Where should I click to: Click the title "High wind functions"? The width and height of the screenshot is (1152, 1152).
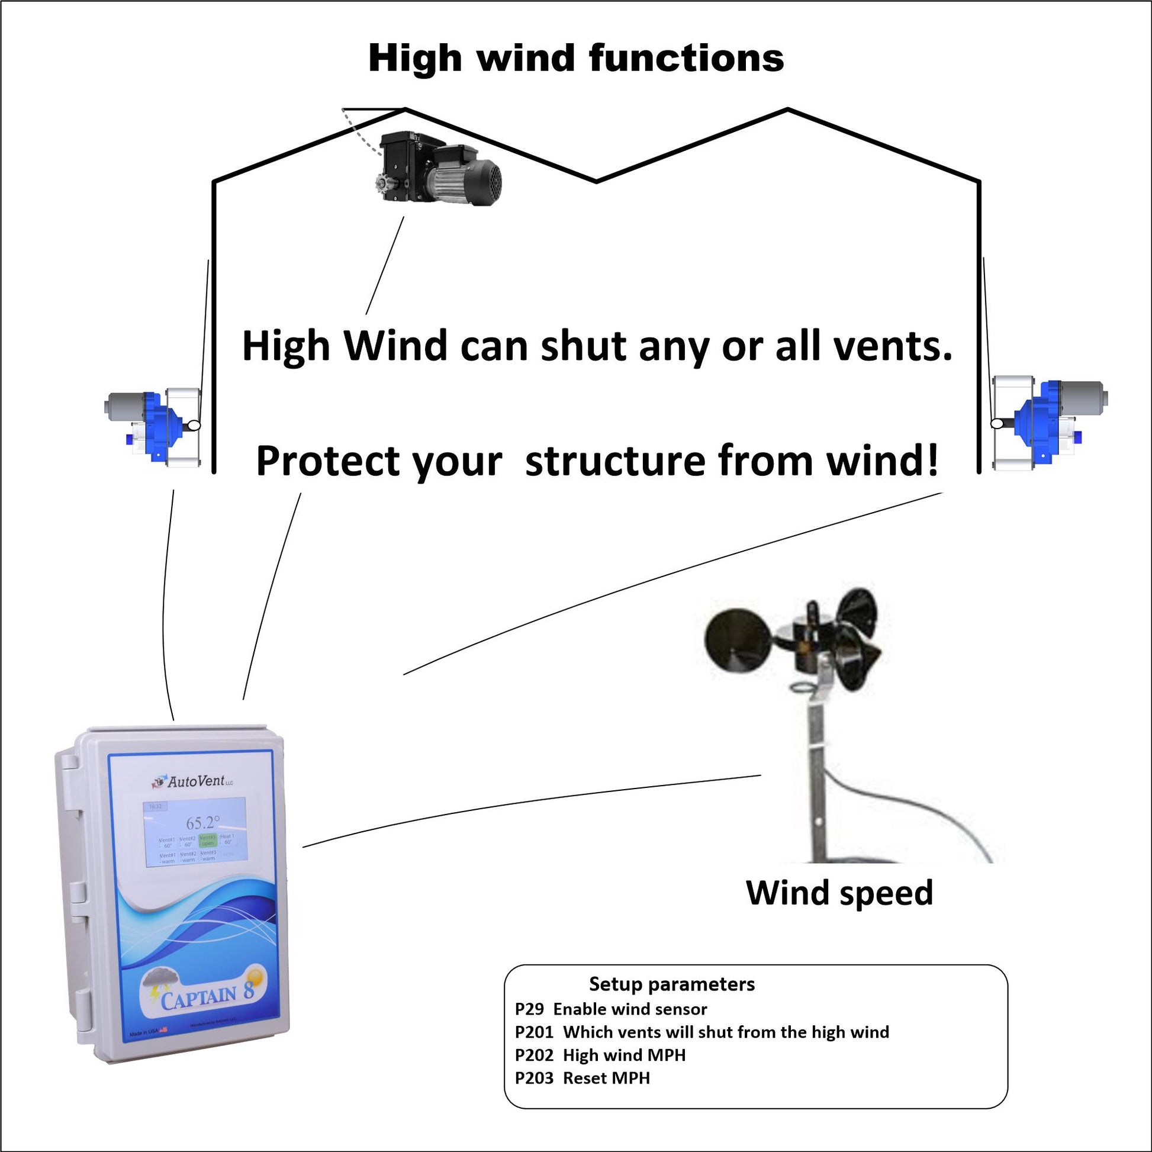click(x=575, y=59)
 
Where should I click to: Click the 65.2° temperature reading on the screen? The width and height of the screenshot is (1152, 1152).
click(x=202, y=823)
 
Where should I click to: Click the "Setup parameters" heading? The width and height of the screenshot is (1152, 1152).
click(x=671, y=984)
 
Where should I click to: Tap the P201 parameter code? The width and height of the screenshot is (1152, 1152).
click(x=533, y=1032)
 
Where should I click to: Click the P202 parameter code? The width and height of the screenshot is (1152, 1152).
click(x=533, y=1055)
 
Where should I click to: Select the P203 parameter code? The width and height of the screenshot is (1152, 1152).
click(x=533, y=1078)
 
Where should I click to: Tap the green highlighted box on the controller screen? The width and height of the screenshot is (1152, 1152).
click(x=208, y=841)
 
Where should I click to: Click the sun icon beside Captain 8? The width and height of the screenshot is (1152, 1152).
click(x=256, y=978)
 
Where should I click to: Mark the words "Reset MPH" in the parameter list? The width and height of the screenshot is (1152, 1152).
click(x=606, y=1078)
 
